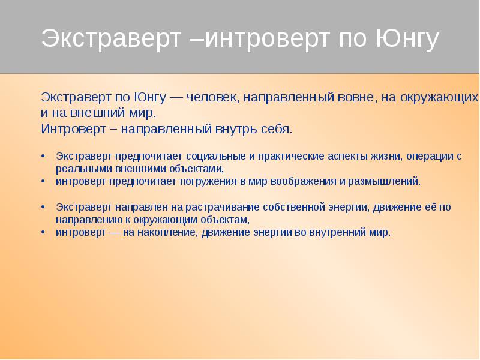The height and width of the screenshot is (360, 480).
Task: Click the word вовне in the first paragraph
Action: (355, 97)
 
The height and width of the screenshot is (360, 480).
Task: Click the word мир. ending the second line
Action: (142, 112)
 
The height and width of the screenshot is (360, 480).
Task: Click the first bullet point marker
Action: (43, 156)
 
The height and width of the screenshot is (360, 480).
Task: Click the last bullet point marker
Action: (43, 232)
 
